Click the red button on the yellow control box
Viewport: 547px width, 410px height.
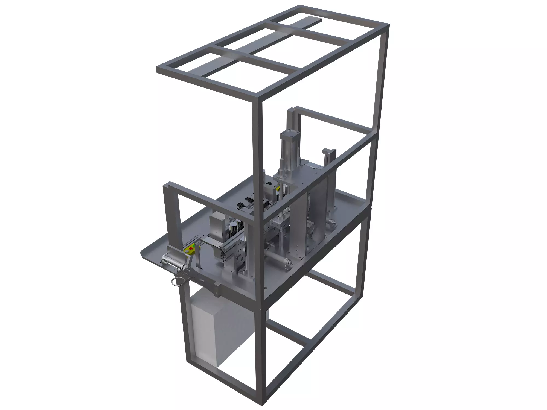click(x=191, y=248)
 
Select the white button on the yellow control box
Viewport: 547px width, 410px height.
click(x=187, y=251)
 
